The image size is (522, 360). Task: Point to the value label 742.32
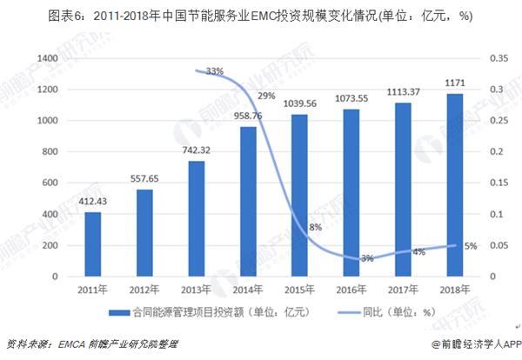click(197, 151)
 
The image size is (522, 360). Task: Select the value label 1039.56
click(299, 105)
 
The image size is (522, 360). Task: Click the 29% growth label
click(266, 96)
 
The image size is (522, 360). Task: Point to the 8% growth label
click(315, 227)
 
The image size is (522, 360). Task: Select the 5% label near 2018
click(471, 246)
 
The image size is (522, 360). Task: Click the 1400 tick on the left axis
click(47, 58)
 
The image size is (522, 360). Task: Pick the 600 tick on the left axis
click(50, 183)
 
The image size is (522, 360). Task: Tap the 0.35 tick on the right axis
click(498, 58)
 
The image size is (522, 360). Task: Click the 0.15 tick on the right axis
click(498, 183)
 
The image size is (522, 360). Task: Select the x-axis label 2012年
click(145, 290)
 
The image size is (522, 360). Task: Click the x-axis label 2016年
click(351, 290)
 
